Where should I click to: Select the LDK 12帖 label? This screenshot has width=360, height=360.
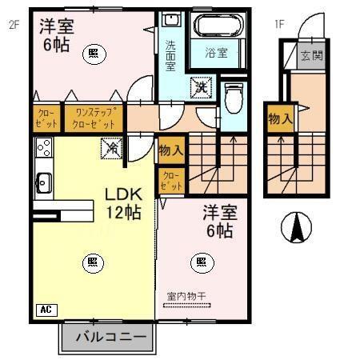click(123, 203)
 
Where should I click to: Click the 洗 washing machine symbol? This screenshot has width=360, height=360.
click(199, 86)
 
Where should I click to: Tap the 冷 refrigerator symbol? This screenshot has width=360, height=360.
click(112, 149)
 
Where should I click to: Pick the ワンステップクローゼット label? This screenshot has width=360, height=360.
click(94, 119)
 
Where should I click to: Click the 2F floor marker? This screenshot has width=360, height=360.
click(13, 24)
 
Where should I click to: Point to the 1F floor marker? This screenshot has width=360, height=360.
click(279, 24)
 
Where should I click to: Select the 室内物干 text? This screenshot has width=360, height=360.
click(186, 297)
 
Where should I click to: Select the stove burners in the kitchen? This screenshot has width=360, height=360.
click(43, 148)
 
